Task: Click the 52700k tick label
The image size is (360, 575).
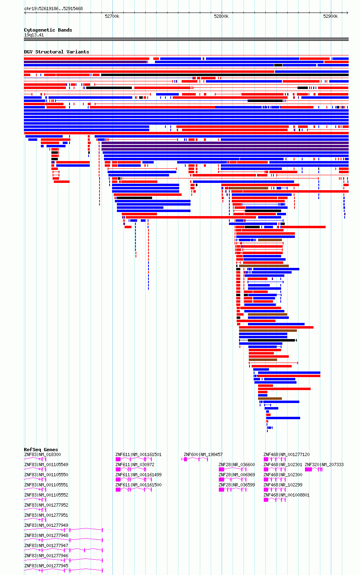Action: pos(112,17)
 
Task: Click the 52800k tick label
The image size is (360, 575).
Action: pos(221,17)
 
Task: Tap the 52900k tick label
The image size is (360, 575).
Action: pos(330,17)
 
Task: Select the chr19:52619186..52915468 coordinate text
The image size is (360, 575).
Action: pos(53,9)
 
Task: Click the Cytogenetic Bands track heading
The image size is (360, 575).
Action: pos(48,30)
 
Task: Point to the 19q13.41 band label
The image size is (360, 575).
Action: pos(34,35)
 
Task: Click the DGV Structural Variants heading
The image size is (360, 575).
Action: pos(57,52)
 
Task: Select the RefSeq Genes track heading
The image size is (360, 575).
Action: pos(41,450)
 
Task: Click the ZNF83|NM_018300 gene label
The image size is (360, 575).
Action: pos(42,454)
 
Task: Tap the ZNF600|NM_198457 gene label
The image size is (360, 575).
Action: pos(203,454)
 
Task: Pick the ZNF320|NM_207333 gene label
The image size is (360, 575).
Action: pos(324,465)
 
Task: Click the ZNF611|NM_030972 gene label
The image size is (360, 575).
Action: pos(135,465)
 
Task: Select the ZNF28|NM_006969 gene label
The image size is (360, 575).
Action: pos(237,475)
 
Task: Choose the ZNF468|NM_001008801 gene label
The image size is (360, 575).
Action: pos(286,495)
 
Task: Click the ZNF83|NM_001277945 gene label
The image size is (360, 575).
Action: pos(46,566)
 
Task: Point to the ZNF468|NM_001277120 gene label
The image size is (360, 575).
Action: pos(286,454)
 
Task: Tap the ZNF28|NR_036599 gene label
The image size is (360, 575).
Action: pos(237,485)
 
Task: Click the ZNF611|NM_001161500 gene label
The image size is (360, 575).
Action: pos(138,485)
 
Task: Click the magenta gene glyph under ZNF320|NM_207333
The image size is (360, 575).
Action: pos(313,469)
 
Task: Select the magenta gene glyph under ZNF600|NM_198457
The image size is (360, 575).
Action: pos(194,459)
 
